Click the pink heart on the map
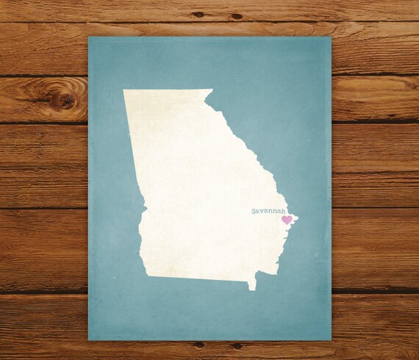click(x=287, y=220)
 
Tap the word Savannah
click(x=268, y=211)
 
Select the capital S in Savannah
click(x=254, y=211)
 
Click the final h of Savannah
click(x=284, y=211)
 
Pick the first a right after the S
click(x=259, y=212)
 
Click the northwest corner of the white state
click(x=123, y=90)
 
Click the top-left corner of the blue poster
click(x=89, y=36)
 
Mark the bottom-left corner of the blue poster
click(x=89, y=340)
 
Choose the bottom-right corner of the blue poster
click(x=331, y=340)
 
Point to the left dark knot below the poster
click(x=199, y=345)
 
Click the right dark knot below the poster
click(x=237, y=345)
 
